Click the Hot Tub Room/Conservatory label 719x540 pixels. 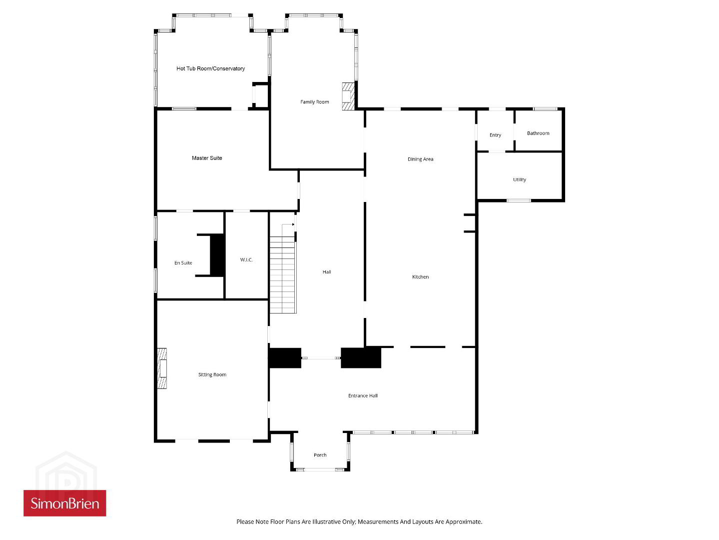pyautogui.click(x=210, y=68)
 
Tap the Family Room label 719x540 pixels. pyautogui.click(x=314, y=102)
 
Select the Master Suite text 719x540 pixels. pyautogui.click(x=207, y=158)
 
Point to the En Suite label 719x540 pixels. pyautogui.click(x=183, y=263)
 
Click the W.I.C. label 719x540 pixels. pyautogui.click(x=246, y=260)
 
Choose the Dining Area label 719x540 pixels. pyautogui.click(x=420, y=159)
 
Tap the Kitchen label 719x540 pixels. pyautogui.click(x=420, y=277)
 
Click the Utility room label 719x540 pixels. pyautogui.click(x=520, y=179)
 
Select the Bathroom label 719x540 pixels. pyautogui.click(x=538, y=133)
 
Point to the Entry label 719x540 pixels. pyautogui.click(x=495, y=135)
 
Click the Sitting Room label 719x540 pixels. pyautogui.click(x=212, y=374)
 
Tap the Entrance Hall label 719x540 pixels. pyautogui.click(x=363, y=395)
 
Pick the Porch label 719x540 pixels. pyautogui.click(x=320, y=455)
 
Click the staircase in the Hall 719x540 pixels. pyautogui.click(x=283, y=274)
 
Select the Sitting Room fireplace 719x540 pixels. pyautogui.click(x=162, y=368)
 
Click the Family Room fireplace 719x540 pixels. pyautogui.click(x=348, y=96)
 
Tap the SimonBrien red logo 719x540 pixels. pyautogui.click(x=65, y=503)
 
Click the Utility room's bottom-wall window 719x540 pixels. pyautogui.click(x=519, y=200)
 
